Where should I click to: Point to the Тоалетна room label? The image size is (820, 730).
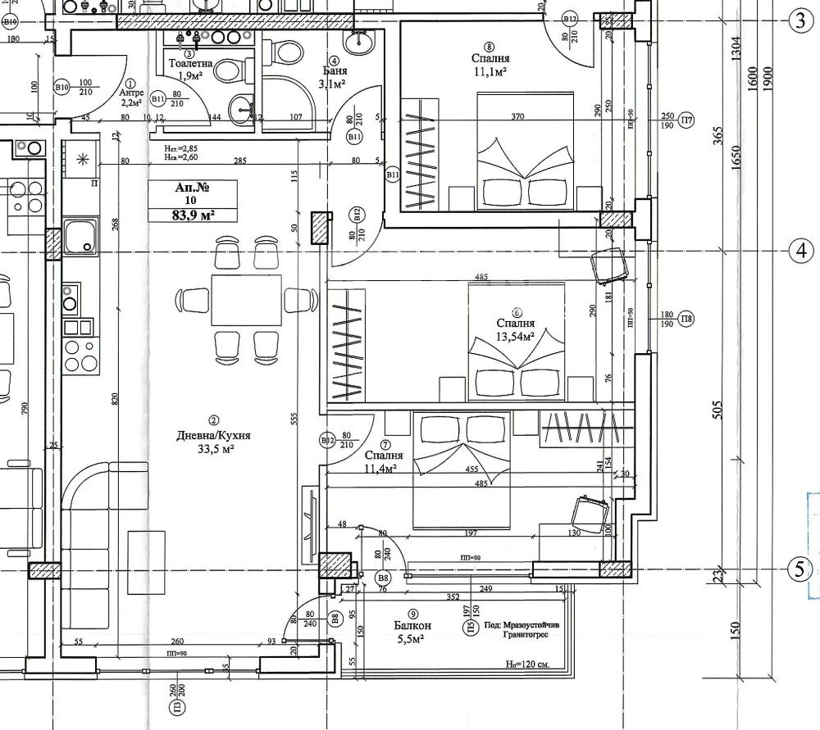click(x=190, y=63)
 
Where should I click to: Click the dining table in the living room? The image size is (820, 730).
click(x=246, y=301)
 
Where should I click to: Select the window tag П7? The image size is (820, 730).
click(x=687, y=120)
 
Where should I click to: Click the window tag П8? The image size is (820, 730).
click(x=687, y=320)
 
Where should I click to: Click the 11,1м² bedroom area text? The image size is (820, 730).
click(x=491, y=72)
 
